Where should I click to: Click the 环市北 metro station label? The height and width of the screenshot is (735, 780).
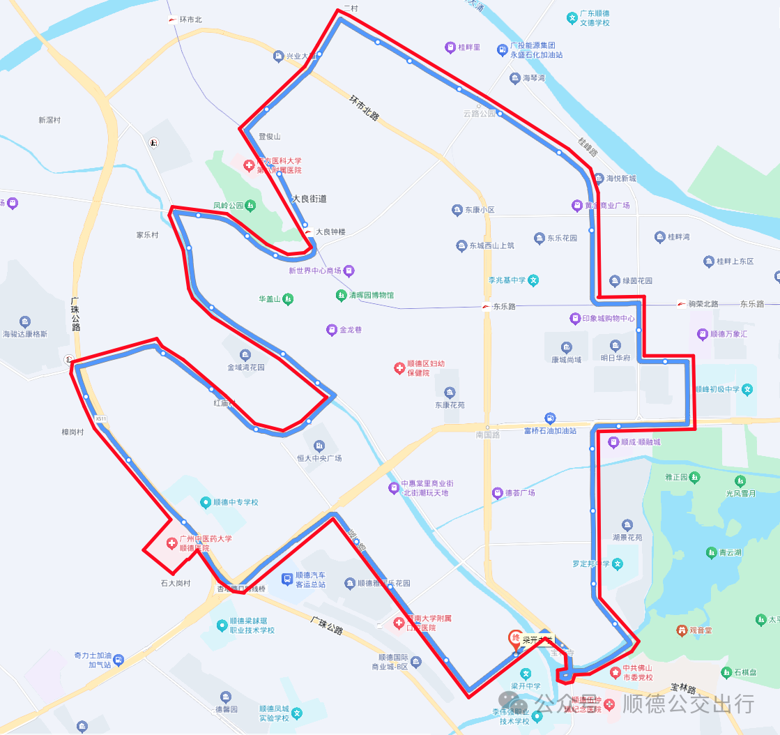coord(190,20)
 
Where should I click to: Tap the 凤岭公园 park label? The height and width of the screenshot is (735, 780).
coord(229,206)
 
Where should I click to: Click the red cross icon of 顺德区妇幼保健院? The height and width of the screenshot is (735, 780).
coord(399,367)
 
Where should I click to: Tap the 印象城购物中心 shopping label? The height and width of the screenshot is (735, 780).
coord(602,319)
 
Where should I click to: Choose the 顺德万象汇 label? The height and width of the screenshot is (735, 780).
coord(729,334)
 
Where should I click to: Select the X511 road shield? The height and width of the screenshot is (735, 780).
coord(101,418)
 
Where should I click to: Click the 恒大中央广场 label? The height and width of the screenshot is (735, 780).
coord(319,458)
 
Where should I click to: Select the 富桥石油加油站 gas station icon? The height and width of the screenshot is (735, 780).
coord(550,418)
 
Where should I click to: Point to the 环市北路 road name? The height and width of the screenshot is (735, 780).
coord(364,108)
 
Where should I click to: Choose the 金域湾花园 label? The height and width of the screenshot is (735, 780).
coord(245,367)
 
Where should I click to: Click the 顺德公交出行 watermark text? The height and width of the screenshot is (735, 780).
coord(688,703)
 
